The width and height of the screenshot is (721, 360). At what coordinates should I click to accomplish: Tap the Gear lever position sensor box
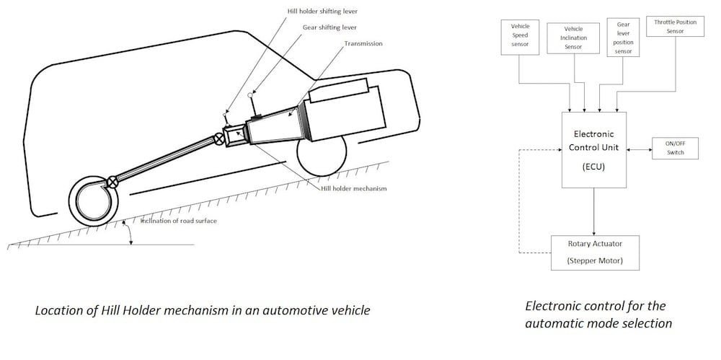point(623,38)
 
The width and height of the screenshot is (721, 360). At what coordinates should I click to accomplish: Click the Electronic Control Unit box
point(594,149)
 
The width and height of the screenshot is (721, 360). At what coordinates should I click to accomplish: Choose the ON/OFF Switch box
point(675,148)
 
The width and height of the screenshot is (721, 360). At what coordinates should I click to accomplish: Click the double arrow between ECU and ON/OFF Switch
point(640,149)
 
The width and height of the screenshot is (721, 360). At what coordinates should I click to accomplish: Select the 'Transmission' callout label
point(363,43)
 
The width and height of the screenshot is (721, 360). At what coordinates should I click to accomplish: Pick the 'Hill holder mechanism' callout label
point(353,188)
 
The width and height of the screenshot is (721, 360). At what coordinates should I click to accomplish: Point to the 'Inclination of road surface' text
point(177,221)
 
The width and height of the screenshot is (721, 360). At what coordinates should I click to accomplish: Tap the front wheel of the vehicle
point(322,155)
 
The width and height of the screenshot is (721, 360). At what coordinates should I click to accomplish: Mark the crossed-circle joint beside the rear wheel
point(112,181)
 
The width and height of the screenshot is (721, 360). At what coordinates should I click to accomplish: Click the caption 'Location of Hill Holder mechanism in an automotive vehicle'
point(203,311)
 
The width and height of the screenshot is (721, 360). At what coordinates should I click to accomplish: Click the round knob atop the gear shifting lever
point(250,95)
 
